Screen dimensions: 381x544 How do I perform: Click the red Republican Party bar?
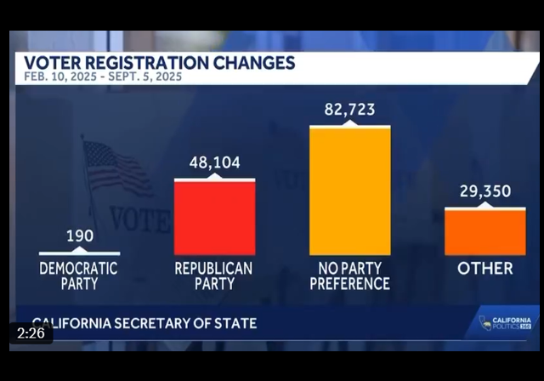(214, 218)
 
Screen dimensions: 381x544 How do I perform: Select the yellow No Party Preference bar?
(349, 190)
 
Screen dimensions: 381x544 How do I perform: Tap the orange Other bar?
(484, 231)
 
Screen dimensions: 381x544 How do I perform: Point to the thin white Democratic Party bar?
(79, 253)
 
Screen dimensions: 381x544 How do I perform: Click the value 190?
(79, 236)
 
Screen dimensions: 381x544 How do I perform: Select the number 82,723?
(349, 110)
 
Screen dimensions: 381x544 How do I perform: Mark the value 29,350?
(484, 191)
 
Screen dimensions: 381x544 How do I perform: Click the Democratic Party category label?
(79, 275)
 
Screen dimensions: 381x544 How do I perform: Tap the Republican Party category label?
(214, 275)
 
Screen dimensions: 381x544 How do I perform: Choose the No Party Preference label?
(349, 275)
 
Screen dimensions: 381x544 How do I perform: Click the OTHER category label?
(484, 269)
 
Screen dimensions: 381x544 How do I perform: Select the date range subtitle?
(104, 77)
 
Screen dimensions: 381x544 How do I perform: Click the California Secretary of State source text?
(140, 323)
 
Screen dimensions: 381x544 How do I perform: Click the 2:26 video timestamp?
(31, 333)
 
